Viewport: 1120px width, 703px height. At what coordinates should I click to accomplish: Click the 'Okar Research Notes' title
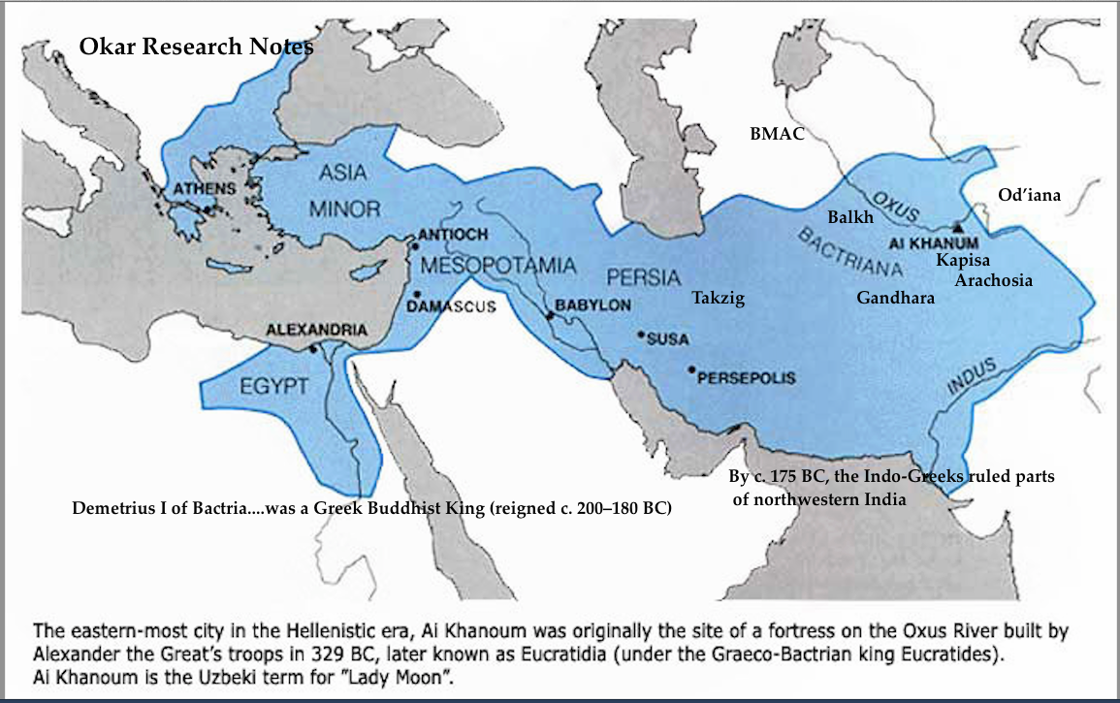coord(196,47)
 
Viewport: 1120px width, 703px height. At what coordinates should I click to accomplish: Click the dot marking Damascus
coord(417,294)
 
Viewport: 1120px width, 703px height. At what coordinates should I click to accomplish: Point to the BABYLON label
coord(592,304)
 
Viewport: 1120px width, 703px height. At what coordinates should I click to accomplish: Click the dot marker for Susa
coord(641,335)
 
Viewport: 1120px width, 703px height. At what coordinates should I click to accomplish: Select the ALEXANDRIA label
coord(317,331)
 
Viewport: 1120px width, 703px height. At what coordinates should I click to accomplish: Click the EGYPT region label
coord(274,386)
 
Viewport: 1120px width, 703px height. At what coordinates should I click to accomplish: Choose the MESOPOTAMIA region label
coord(499,265)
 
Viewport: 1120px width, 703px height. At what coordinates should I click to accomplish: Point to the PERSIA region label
coord(643,276)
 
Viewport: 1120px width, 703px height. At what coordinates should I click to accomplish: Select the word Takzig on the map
coord(718,299)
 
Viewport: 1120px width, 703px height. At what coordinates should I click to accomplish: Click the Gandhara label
coord(895,299)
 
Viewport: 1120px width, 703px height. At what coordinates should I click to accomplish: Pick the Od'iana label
coord(1029,195)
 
